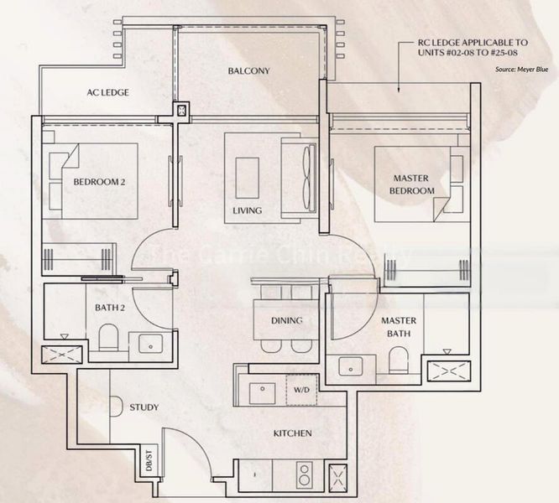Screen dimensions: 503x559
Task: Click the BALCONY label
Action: [x=248, y=71]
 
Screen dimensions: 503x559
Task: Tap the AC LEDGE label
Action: [x=107, y=92]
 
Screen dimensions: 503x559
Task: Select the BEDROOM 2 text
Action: [x=99, y=182]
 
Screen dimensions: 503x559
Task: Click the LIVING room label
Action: [x=248, y=210]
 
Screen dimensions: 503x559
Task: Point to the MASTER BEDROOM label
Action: [x=410, y=184]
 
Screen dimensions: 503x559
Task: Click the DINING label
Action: [x=286, y=321]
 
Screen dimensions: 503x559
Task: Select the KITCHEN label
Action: [x=292, y=433]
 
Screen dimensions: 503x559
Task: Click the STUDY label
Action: [x=144, y=407]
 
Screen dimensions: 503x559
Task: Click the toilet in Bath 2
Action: [x=108, y=340]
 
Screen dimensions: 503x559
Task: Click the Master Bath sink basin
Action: [x=351, y=366]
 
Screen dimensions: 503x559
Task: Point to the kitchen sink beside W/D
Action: [x=262, y=390]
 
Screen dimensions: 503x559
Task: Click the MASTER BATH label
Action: [x=399, y=327]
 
